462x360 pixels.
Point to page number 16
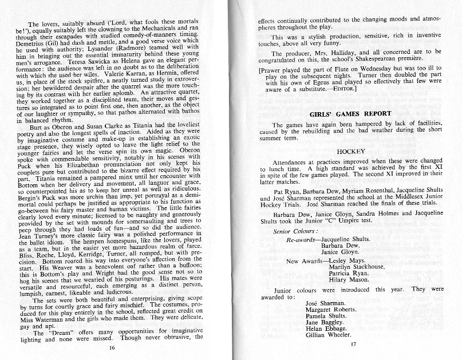tap(112, 347)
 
